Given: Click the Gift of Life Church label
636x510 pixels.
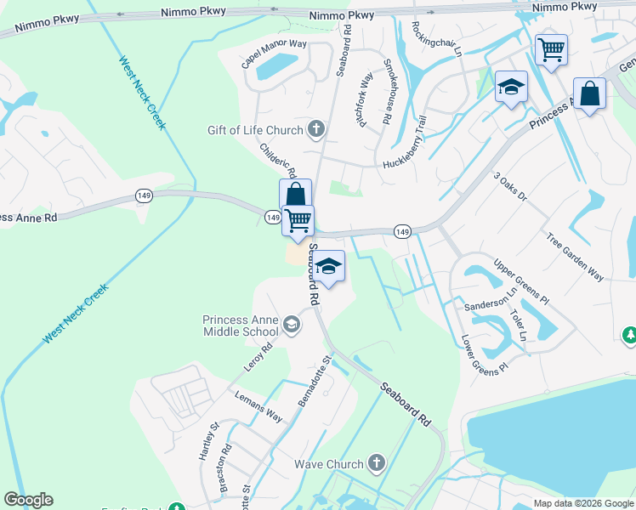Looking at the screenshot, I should (255, 130).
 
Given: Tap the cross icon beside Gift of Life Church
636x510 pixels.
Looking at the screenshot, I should (315, 130).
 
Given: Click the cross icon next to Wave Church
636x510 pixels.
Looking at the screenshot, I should (377, 464).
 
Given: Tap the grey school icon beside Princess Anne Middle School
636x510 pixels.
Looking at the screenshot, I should (292, 324).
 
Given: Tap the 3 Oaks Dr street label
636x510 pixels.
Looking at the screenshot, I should (510, 188).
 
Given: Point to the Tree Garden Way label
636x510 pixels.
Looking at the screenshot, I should (575, 258).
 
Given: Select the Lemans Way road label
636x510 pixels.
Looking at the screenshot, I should (258, 403).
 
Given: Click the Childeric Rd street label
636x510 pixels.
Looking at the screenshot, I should (277, 160).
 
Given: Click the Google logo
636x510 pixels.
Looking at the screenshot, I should (28, 500).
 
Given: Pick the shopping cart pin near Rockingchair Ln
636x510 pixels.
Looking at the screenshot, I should (551, 50).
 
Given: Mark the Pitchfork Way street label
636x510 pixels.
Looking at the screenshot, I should (366, 100).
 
